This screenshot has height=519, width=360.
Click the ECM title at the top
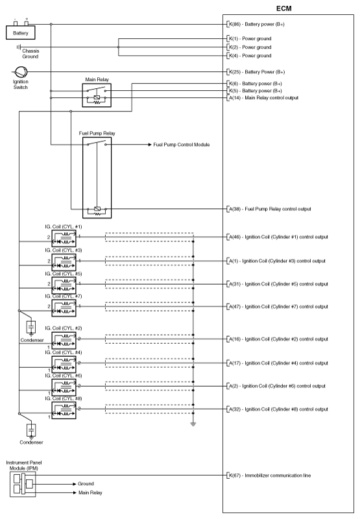pyautogui.click(x=284, y=8)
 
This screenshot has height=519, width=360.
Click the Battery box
pyautogui.click(x=21, y=33)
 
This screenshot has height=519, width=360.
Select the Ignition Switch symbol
pyautogui.click(x=21, y=72)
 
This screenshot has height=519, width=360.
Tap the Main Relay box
pyautogui.click(x=97, y=95)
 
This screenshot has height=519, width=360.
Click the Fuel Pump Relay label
pyautogui.click(x=97, y=133)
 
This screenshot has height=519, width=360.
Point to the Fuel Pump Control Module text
pyautogui.click(x=182, y=145)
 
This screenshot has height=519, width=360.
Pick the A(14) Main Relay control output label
pyautogui.click(x=263, y=98)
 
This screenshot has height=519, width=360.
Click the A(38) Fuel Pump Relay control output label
pyautogui.click(x=270, y=209)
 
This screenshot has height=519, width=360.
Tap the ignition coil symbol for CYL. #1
pyautogui.click(x=64, y=239)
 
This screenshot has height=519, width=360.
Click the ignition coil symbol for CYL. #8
pyautogui.click(x=64, y=411)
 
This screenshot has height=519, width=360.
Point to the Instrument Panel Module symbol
pyautogui.click(x=23, y=484)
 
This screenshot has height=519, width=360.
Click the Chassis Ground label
pyautogui.click(x=30, y=54)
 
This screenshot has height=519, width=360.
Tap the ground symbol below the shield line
pyautogui.click(x=193, y=424)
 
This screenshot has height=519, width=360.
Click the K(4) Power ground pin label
pyautogui.click(x=250, y=56)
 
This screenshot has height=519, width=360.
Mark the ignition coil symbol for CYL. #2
pyautogui.click(x=64, y=340)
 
